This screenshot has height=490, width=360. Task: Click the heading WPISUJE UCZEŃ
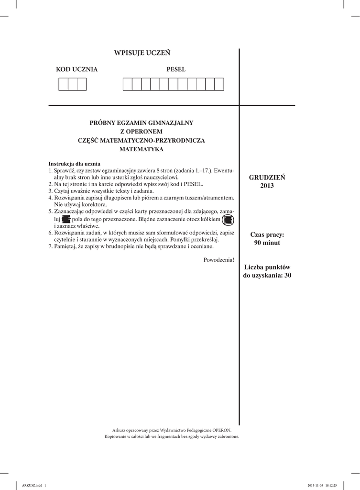pos(142,53)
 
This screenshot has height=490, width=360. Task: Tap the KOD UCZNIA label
pos(76,69)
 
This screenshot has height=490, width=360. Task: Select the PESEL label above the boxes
pos(176,69)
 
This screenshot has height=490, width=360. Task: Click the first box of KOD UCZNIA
pos(63,84)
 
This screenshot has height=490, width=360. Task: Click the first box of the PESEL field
pos(128,84)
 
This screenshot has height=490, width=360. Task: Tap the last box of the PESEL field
pos(219,84)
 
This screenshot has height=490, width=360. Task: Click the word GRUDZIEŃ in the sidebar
pos(267,178)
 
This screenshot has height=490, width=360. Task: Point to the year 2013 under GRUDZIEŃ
pos(267,186)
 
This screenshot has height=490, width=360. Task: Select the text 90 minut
pos(267,243)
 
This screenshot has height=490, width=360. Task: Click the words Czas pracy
pos(267,234)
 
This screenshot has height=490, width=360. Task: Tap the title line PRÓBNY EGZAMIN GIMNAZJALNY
pos(142,122)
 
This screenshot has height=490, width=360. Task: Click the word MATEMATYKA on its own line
pos(142,149)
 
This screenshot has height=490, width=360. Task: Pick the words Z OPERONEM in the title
pos(142,131)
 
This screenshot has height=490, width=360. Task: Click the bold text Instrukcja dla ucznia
pos(75,164)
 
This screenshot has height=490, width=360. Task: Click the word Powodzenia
pos(218,259)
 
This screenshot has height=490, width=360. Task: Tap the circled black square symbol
pos(228,220)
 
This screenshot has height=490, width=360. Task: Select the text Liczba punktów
pos(267,267)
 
